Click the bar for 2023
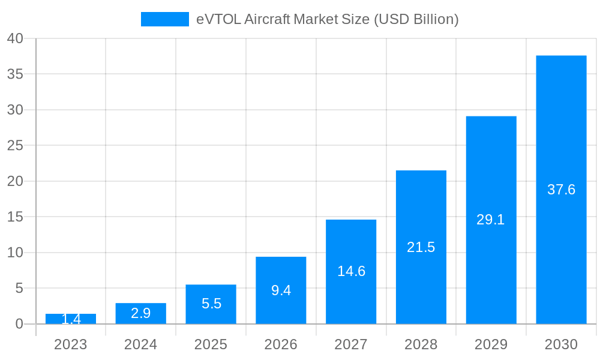click(71, 319)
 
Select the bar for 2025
click(211, 304)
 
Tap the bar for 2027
click(351, 272)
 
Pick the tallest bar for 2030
click(561, 190)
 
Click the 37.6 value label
click(561, 190)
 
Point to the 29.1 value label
click(490, 220)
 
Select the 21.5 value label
click(421, 247)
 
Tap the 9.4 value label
click(281, 290)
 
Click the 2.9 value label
click(140, 313)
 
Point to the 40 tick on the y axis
click(15, 38)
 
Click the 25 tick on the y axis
click(15, 146)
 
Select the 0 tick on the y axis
click(19, 324)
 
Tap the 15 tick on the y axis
click(15, 217)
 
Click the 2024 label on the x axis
click(140, 344)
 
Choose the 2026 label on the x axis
click(281, 344)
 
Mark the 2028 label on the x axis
click(421, 344)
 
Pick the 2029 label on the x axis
click(491, 344)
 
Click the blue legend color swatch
click(164, 19)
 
